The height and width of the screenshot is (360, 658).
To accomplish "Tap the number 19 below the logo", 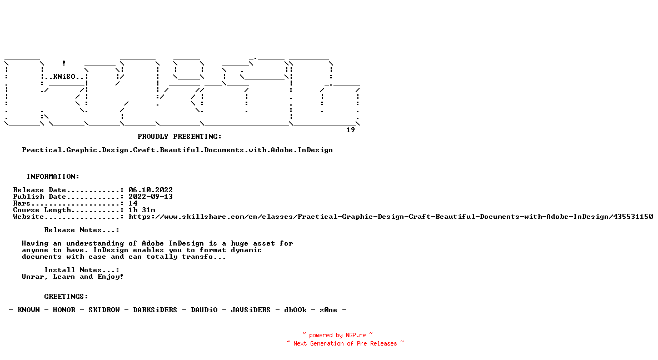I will pos(351,130).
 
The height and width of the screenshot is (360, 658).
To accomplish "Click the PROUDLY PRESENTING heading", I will pos(180,137).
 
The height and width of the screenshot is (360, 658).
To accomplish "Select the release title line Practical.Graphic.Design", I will pos(177,150).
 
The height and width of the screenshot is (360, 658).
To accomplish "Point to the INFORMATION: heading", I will pos(53,177).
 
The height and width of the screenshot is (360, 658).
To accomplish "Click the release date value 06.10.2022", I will pos(151,190).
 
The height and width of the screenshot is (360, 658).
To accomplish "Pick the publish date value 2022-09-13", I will pos(151,197).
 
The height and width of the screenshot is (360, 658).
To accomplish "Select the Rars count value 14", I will pos(133,203).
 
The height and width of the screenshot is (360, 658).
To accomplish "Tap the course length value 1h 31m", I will pos(142,210).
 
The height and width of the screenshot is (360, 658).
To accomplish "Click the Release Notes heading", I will pos(82,230).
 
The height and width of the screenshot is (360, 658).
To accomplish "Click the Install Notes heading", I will pos(82,270).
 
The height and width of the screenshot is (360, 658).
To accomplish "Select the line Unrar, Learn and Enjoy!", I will pos(73,277).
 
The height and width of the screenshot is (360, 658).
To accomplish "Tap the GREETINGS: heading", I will pos(66,297).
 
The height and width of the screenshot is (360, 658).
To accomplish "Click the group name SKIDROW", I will pos(104,310).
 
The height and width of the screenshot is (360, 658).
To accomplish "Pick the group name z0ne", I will pos(328,310).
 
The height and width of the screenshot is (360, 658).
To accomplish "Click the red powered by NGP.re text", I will pos(337,335).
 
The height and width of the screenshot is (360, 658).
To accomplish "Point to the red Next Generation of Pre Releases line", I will pos(345,343).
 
